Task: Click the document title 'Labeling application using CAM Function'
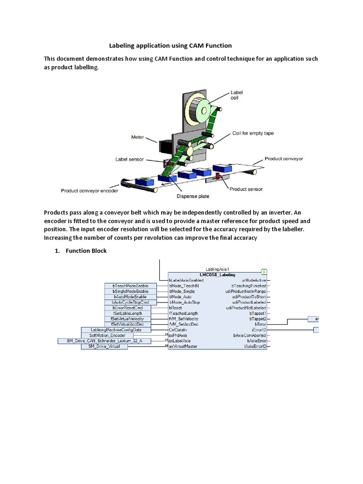pos(171,45)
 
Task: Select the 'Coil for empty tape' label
pos(253,133)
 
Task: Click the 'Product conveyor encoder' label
pos(89,191)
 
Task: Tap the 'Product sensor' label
pos(246,189)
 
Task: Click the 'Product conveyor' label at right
pos(284,159)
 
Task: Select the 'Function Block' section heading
pos(86,251)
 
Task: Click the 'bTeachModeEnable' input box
pos(130,286)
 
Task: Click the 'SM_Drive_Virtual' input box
pos(104,346)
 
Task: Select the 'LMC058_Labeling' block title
pos(217,275)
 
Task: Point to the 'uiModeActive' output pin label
pos(254,280)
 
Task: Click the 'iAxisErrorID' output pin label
pos(255,346)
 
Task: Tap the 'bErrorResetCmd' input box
pos(128,308)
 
